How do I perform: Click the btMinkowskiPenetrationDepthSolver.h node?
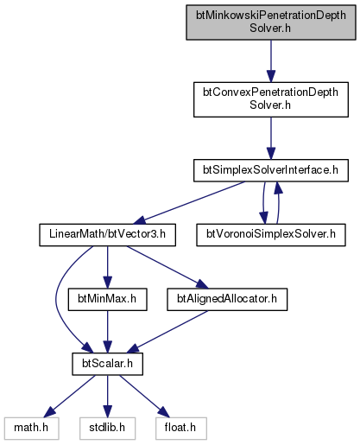pos(271,22)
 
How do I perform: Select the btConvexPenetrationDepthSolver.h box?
pos(271,99)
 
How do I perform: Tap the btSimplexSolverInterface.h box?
pos(271,170)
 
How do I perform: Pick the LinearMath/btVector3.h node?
pos(107,235)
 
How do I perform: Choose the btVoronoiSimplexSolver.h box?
pos(271,235)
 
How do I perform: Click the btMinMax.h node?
pos(107,299)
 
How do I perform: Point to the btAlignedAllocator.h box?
pos(227,299)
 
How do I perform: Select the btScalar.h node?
pos(107,364)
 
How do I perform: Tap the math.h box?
pos(31,429)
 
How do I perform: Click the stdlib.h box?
pos(107,429)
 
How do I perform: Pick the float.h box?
pos(181,429)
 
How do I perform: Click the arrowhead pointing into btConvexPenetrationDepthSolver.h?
pos(271,76)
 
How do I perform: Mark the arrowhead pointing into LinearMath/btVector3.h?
pos(140,220)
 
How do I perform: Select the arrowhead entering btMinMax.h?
pos(107,283)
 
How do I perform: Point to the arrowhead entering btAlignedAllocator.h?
pos(202,284)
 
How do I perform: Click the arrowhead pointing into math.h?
pos(49,412)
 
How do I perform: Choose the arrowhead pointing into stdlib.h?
pos(107,411)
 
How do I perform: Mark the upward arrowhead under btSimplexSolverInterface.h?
pos(277,188)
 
